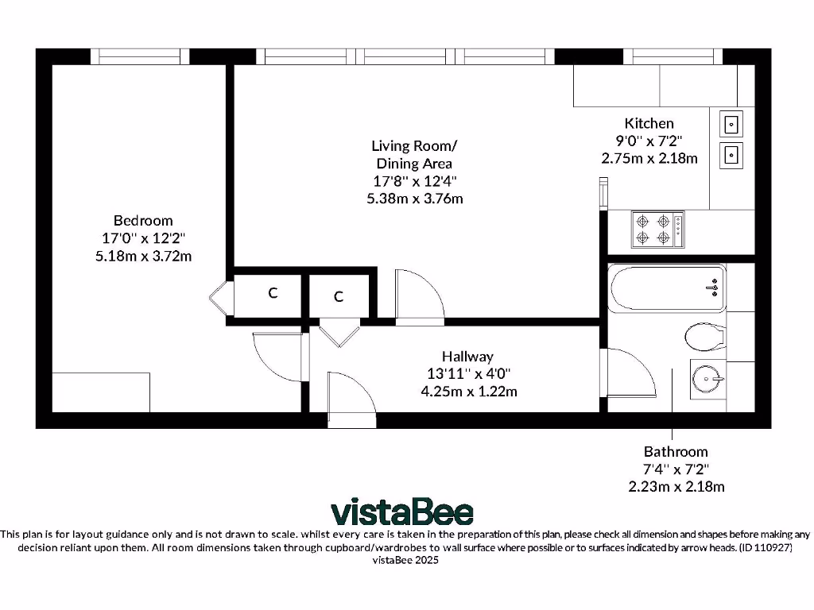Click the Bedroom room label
pos(142,220)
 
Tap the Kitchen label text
pos(649,123)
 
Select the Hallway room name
pos(467,357)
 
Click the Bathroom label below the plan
pos(675,451)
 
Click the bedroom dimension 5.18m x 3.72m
pos(142,256)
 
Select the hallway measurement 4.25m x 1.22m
pos(467,391)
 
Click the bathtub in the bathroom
pos(666,288)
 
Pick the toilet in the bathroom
pos(706,336)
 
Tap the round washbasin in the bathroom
pos(707,380)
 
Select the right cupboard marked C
pos(339,297)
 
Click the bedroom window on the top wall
pos(140,56)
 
